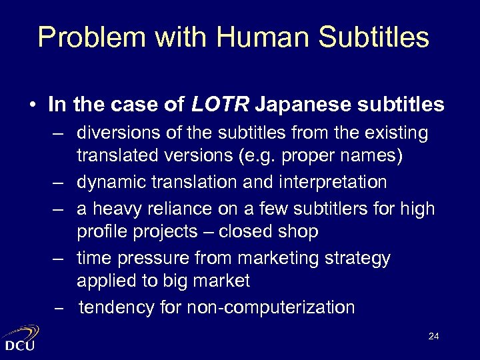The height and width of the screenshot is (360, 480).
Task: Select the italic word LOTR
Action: tap(220, 105)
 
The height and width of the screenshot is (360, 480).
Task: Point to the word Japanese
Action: tap(299, 105)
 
